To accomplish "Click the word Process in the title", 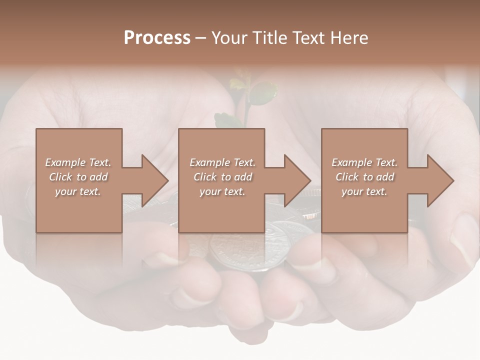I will (x=157, y=38).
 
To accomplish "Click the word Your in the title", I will (x=230, y=38).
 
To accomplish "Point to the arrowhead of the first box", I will (x=153, y=180).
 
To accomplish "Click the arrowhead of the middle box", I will (x=295, y=180).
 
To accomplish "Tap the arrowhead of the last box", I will (x=438, y=180).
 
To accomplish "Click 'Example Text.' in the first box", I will (x=78, y=162).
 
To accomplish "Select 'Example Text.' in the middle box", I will (x=222, y=162).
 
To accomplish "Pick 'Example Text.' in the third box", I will (x=364, y=162).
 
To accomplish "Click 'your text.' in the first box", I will (x=78, y=191).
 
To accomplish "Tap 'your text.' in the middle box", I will (x=222, y=191).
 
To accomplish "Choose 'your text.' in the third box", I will (x=364, y=191).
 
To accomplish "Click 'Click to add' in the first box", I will (x=78, y=177).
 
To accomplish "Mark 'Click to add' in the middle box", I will (x=222, y=177).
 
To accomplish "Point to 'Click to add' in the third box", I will (x=364, y=177).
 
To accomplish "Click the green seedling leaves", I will (x=262, y=93).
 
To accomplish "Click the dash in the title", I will (x=201, y=38).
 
